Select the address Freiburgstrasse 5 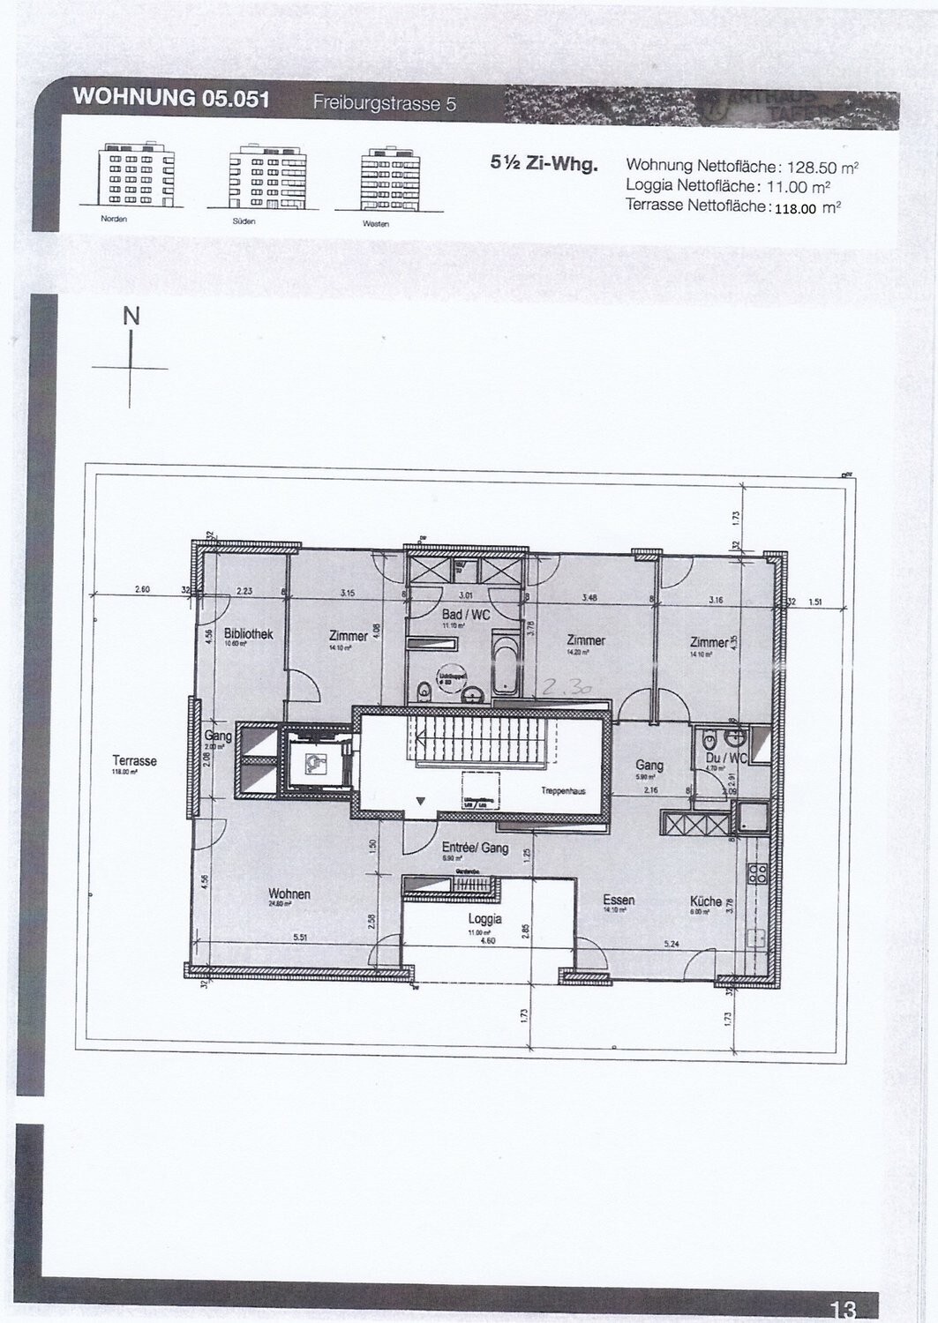click(385, 104)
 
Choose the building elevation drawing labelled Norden click(137, 176)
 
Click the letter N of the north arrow click(131, 317)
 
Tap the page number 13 click(842, 1309)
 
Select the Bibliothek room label click(249, 634)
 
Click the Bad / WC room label click(466, 614)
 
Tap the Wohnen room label click(289, 894)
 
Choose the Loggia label click(485, 918)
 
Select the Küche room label click(706, 901)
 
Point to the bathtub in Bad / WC click(507, 662)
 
